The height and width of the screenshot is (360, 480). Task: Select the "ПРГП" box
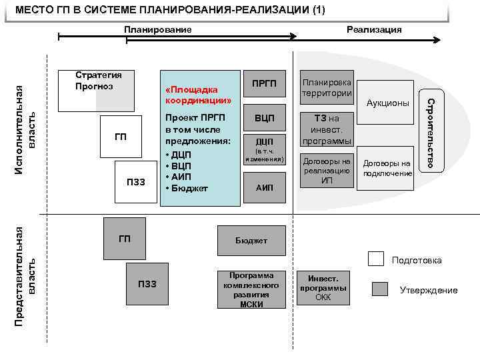(x=265, y=83)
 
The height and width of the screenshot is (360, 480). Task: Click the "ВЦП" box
(x=265, y=118)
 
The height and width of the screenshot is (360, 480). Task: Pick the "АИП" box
(x=265, y=188)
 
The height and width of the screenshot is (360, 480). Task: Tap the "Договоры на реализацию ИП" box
(x=327, y=171)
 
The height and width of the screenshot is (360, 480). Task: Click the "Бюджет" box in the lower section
(x=251, y=240)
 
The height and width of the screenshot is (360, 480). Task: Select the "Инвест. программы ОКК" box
(x=323, y=288)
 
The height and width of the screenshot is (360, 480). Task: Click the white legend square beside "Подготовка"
(x=377, y=259)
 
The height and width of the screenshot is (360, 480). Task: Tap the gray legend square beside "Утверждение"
(x=379, y=289)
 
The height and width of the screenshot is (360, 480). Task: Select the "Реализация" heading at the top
(x=374, y=29)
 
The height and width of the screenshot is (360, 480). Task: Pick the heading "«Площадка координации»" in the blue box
(x=198, y=95)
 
